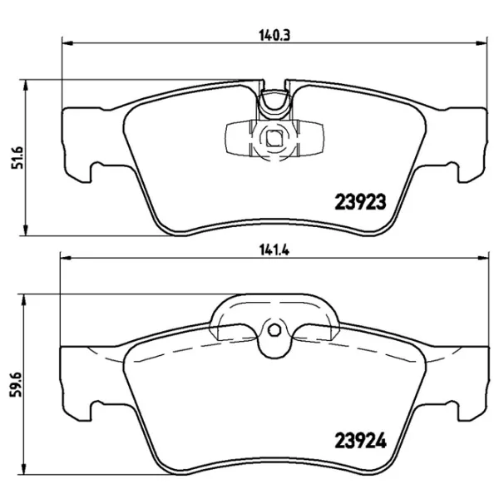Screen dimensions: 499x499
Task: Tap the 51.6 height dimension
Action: [12, 156]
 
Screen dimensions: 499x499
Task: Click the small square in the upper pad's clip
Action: [273, 139]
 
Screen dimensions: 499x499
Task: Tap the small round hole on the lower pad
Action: [273, 330]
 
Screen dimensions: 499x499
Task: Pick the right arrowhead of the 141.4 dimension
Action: [482, 259]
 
